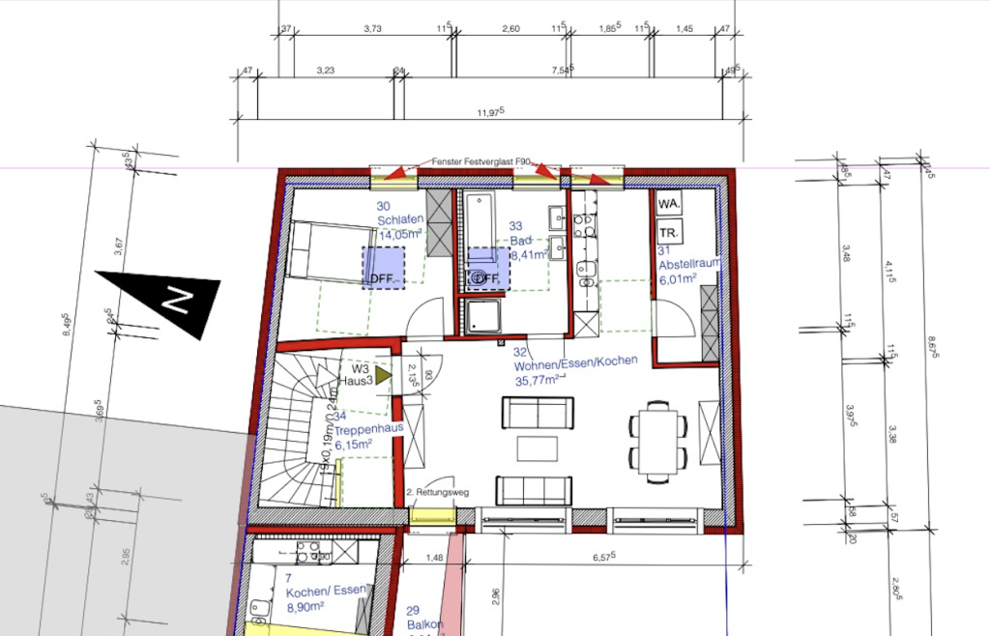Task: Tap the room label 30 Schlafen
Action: coord(397,219)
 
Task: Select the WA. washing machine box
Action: coord(668,205)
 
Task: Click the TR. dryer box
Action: coord(668,233)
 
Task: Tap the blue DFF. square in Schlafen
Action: coord(384,268)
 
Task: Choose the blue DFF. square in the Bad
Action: coord(488,268)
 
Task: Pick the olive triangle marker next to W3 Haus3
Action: coord(384,374)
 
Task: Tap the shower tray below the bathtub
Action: coord(482,316)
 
